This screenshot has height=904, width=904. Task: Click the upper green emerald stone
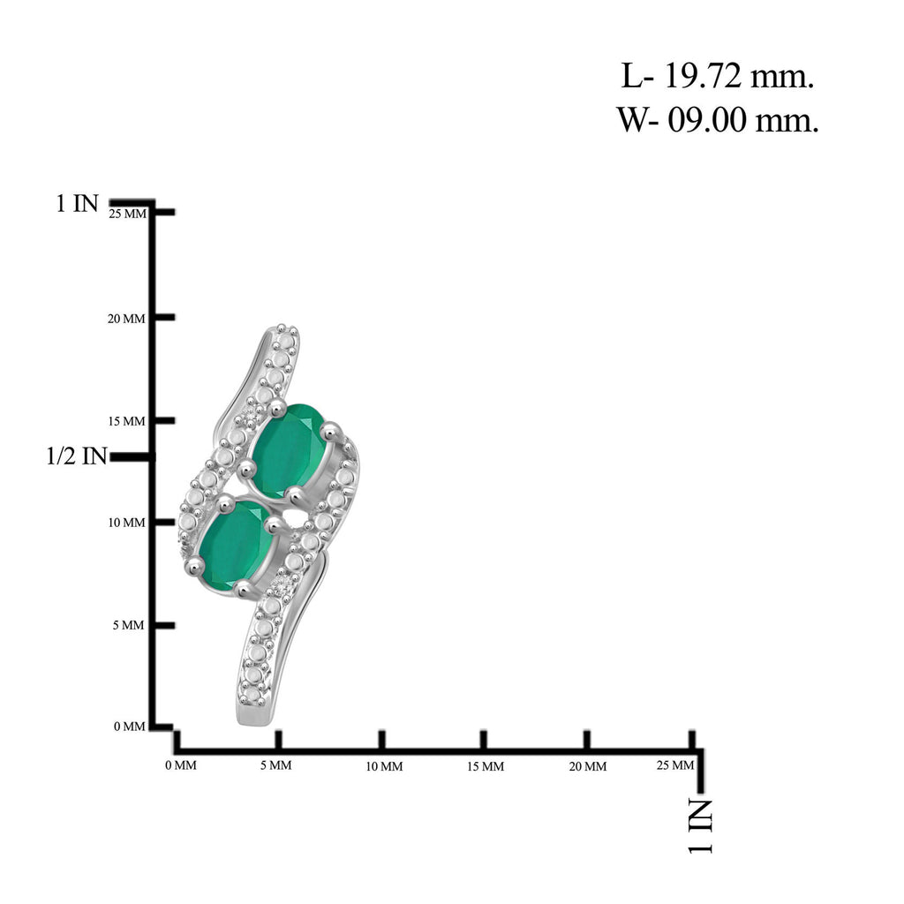coord(290,449)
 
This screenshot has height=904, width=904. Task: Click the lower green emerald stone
coord(235,545)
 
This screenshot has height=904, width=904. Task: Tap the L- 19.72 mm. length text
coord(717,76)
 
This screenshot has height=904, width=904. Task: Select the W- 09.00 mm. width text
coord(718,120)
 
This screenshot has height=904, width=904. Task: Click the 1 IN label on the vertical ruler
coord(78,203)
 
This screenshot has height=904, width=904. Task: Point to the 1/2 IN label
coord(77,456)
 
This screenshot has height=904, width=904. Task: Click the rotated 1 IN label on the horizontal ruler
coord(700,826)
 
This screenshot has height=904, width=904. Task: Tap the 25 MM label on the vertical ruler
coord(128,214)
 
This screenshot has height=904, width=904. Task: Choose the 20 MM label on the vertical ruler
coord(126,319)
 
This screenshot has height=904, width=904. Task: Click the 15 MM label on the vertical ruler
coord(126,421)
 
